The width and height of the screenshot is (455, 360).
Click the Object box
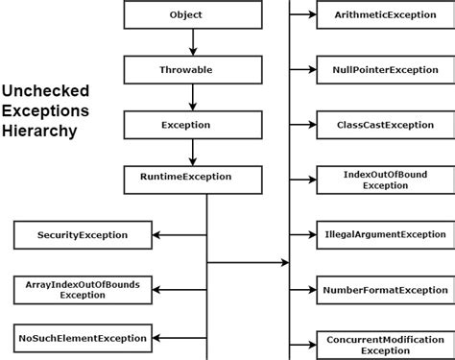(192, 15)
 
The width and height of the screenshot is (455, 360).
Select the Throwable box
(192, 70)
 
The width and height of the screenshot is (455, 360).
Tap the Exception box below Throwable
(192, 125)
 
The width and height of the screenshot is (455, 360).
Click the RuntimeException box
(192, 178)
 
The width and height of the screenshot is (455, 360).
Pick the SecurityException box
(83, 234)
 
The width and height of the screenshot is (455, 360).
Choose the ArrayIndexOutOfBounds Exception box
(83, 289)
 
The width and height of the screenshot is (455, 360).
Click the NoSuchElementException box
(83, 338)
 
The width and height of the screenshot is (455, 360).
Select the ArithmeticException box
(384, 15)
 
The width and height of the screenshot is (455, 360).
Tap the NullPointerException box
(384, 70)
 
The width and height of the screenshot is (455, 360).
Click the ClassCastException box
(384, 125)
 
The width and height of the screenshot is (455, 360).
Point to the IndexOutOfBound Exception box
(384, 180)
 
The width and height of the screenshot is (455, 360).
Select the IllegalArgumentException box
(384, 234)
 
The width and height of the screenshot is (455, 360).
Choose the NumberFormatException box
(384, 289)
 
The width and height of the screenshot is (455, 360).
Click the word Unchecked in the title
(45, 91)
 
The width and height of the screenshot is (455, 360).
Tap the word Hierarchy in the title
(39, 132)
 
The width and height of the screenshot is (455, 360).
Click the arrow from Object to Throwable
(192, 42)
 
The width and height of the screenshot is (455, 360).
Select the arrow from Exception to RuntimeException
(192, 152)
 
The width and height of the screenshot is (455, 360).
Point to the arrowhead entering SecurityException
(159, 234)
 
